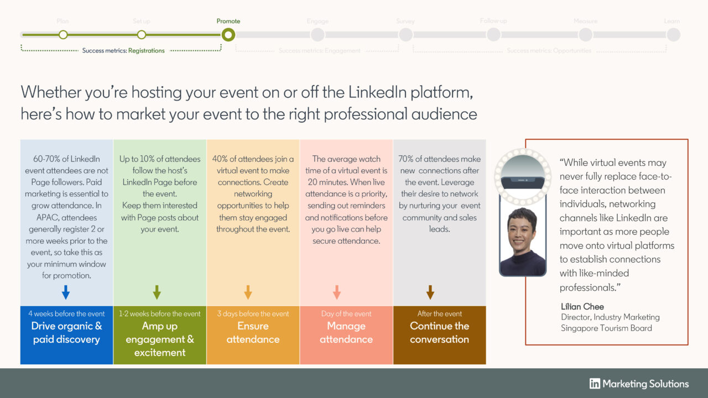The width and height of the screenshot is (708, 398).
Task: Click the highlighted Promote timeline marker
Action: coord(228,35)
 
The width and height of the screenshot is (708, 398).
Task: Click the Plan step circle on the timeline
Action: coord(63,35)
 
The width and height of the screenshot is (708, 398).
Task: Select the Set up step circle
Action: coord(142,35)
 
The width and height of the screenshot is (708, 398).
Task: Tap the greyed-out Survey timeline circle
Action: coord(405,35)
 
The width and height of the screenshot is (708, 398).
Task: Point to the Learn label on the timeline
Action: coord(672,22)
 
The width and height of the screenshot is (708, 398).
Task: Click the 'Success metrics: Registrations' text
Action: coord(123,51)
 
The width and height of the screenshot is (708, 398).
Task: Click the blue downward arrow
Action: coord(66,292)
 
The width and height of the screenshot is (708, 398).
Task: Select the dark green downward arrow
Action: coord(157,292)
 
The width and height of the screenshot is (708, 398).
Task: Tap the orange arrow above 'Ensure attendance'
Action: coord(248,292)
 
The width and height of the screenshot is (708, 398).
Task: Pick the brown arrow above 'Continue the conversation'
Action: coord(430,292)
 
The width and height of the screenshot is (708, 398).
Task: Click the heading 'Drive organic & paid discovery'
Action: coord(66,333)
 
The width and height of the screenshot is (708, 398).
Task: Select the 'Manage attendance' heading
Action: coord(346,333)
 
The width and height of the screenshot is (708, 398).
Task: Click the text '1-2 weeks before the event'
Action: coord(160,314)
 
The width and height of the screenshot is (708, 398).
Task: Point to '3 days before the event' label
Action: coord(253,314)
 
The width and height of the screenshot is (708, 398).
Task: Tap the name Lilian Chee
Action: coord(582,307)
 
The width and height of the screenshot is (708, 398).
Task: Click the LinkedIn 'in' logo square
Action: coord(595,384)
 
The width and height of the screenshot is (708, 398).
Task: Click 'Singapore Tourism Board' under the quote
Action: coord(606,328)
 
